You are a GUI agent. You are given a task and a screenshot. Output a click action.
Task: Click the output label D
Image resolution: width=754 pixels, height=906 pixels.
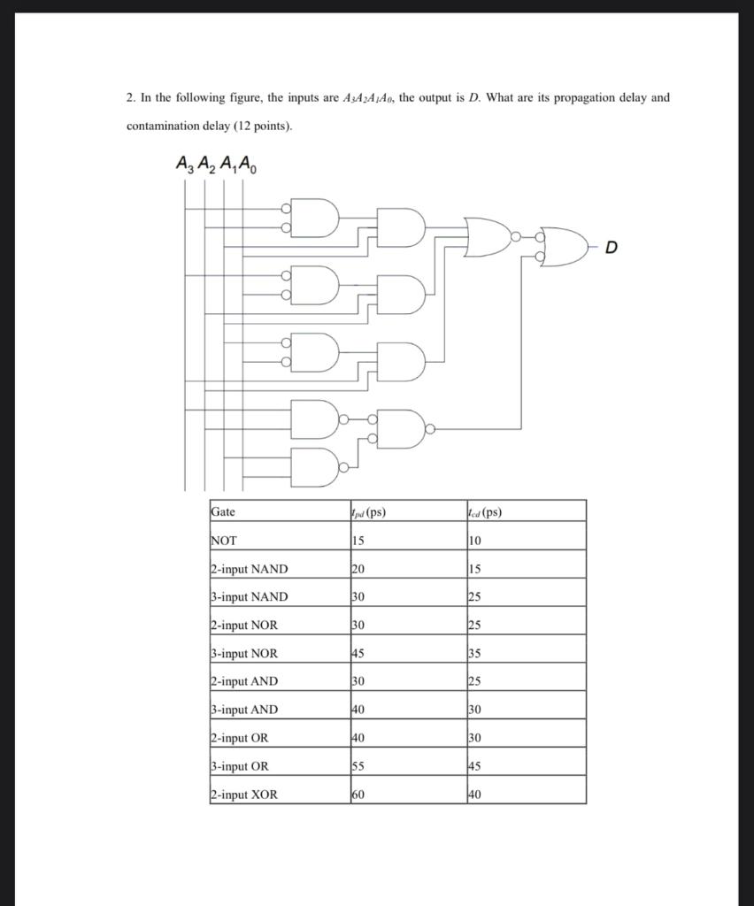pyautogui.click(x=612, y=247)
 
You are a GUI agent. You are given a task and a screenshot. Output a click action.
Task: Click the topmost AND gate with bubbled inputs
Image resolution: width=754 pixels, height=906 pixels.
pyautogui.click(x=316, y=219)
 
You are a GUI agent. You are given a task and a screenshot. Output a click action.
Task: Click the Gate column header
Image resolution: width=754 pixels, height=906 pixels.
pyautogui.click(x=223, y=511)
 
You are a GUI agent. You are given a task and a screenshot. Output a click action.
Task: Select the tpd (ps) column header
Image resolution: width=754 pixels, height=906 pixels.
pyautogui.click(x=368, y=511)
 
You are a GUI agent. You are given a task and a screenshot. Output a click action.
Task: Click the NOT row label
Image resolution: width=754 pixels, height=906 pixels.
pyautogui.click(x=224, y=540)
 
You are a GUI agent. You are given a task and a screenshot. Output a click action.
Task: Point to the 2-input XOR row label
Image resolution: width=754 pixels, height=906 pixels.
pyautogui.click(x=244, y=795)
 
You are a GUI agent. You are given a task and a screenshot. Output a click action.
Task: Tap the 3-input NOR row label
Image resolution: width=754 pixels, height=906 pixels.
pyautogui.click(x=244, y=653)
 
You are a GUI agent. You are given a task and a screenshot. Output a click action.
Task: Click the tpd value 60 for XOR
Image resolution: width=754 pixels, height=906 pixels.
pyautogui.click(x=358, y=795)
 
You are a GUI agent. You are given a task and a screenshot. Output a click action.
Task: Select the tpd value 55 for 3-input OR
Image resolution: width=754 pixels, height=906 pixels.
pyautogui.click(x=358, y=766)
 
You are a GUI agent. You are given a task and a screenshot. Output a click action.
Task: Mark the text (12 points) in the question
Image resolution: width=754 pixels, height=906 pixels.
pyautogui.click(x=258, y=126)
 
